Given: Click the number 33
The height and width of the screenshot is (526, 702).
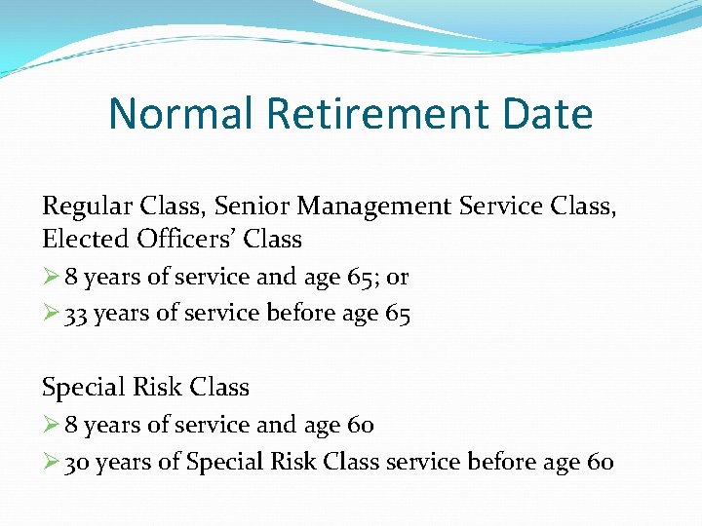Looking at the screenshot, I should pos(77,315).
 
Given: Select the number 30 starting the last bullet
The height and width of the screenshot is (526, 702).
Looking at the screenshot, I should pos(77,463).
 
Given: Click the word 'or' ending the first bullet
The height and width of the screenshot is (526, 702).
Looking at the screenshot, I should pos(398,278).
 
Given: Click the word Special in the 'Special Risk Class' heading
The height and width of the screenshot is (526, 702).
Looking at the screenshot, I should pos(80,388).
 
